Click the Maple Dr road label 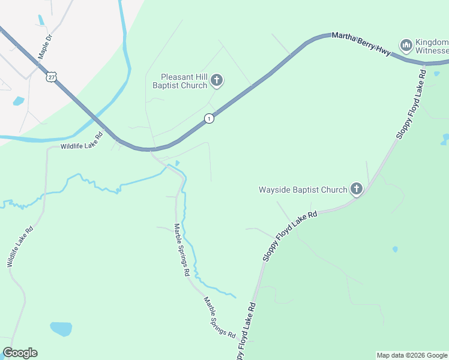coord(46,46)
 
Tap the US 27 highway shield coord(52,76)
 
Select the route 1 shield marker coord(208,119)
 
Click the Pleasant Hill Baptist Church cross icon coord(217,80)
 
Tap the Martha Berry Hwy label coord(361,45)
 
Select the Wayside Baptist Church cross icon coord(357,190)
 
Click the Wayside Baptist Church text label coord(303,190)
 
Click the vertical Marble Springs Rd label coord(182,250)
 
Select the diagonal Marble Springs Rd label coord(218,316)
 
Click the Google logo coord(20,353)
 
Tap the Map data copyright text coord(411,355)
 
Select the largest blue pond coord(61,329)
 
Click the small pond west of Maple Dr coord(18,101)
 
